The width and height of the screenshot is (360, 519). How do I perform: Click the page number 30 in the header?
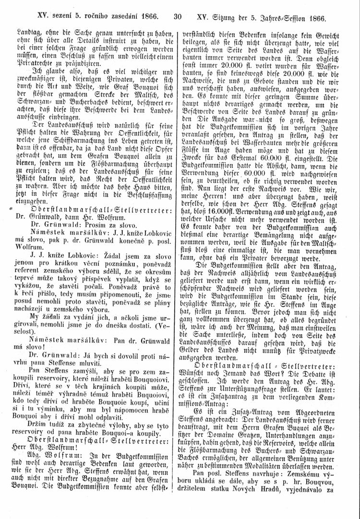pyautogui.click(x=177, y=18)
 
